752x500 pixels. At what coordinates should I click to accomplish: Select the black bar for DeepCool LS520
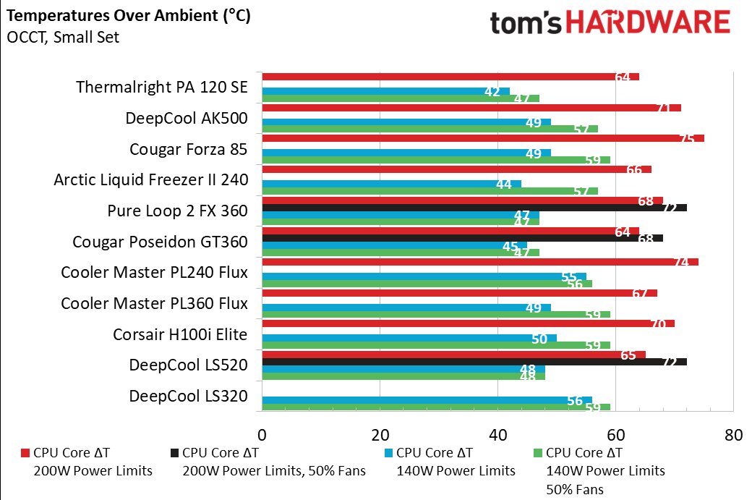pyautogui.click(x=474, y=361)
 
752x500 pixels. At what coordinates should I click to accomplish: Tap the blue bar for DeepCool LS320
pyautogui.click(x=427, y=400)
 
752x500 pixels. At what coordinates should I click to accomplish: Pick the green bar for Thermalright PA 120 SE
pyautogui.click(x=401, y=98)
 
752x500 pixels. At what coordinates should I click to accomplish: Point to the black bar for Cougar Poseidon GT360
pyautogui.click(x=463, y=238)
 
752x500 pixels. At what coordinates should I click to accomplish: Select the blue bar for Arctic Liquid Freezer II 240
pyautogui.click(x=391, y=185)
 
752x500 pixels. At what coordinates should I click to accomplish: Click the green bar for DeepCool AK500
pyautogui.click(x=430, y=129)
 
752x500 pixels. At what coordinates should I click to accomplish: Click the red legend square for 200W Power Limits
pyautogui.click(x=26, y=454)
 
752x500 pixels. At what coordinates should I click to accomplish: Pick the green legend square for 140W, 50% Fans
pyautogui.click(x=537, y=454)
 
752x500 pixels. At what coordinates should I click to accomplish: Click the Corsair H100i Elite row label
pyautogui.click(x=180, y=335)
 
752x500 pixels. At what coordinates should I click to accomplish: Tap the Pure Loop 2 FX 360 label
pyautogui.click(x=177, y=211)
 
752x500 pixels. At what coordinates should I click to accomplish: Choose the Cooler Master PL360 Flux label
pyautogui.click(x=154, y=304)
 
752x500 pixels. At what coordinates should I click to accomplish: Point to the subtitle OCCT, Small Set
pyautogui.click(x=63, y=38)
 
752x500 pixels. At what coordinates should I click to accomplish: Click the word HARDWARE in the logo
pyautogui.click(x=647, y=22)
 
